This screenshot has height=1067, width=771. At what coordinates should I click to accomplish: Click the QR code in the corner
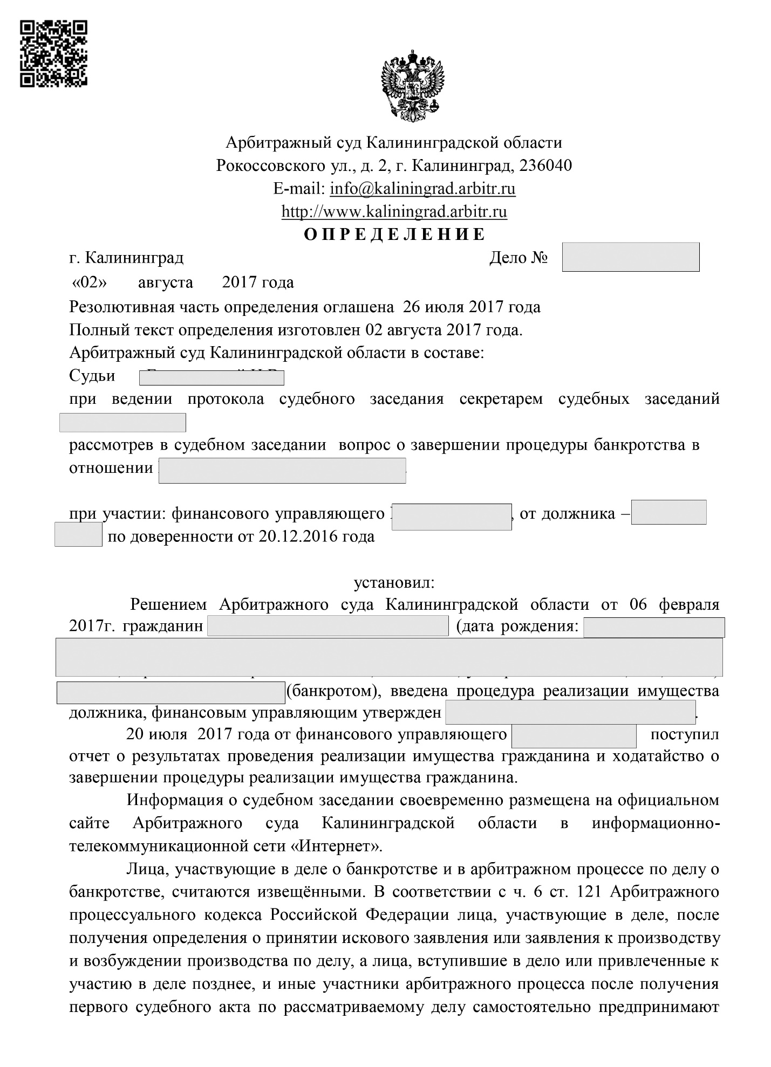(53, 53)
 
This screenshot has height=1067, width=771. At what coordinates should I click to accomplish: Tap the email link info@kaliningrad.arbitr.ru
(422, 189)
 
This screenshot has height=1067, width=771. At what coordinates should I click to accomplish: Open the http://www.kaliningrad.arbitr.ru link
(394, 211)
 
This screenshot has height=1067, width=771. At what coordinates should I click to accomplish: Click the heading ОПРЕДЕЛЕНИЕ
(394, 235)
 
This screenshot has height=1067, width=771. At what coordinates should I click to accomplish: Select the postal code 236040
(545, 165)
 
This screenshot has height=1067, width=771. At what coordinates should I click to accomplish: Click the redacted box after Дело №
(630, 257)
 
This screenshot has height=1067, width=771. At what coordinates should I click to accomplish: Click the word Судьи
(92, 375)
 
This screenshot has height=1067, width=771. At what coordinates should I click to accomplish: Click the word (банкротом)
(330, 691)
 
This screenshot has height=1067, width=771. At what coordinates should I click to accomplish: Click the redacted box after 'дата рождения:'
(653, 628)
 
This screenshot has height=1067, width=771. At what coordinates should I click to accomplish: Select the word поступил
(685, 734)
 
